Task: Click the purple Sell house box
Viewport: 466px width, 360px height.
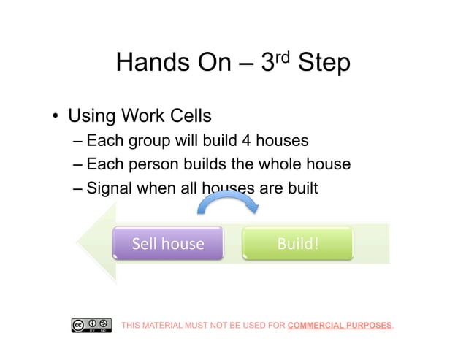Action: coord(168,243)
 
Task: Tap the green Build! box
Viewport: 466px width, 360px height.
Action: coord(297,243)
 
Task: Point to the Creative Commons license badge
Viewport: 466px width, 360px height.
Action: coord(91,325)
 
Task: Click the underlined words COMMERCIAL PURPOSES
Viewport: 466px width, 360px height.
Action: coord(340,325)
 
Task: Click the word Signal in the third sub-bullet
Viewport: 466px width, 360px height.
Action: coord(109,188)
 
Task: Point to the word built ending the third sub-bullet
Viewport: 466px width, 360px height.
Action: coord(300,188)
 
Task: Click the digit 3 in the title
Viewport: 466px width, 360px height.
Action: coord(268,64)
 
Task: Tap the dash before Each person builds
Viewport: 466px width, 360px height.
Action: coord(79,164)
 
